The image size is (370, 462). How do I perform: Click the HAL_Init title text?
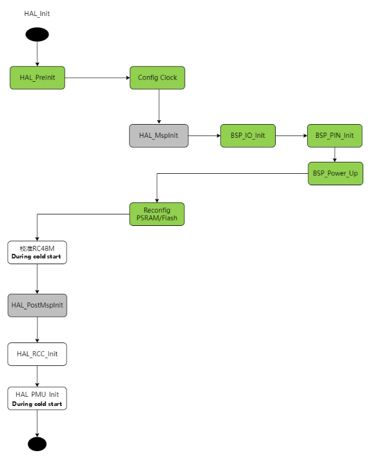[37, 13]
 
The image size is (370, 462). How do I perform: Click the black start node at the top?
[37, 34]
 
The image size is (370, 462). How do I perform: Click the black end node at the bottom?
[37, 444]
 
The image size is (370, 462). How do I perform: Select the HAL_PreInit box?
[37, 78]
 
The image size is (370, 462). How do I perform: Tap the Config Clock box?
[157, 78]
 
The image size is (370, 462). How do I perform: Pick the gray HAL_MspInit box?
[158, 136]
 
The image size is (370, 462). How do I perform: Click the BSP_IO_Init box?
[248, 136]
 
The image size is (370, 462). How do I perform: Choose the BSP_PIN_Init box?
[335, 136]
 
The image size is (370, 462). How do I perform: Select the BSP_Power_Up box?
[335, 173]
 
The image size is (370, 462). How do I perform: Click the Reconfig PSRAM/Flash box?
[157, 214]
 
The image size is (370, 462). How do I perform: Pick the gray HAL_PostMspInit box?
[37, 305]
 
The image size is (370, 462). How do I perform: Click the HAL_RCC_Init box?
[37, 354]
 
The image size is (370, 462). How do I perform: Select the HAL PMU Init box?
[37, 398]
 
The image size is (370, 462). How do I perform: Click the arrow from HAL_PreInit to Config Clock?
[97, 78]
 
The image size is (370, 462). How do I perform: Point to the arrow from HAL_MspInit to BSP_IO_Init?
[204, 136]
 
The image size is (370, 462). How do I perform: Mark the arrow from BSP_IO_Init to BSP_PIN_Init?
[291, 136]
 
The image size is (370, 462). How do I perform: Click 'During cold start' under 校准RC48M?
[37, 257]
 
